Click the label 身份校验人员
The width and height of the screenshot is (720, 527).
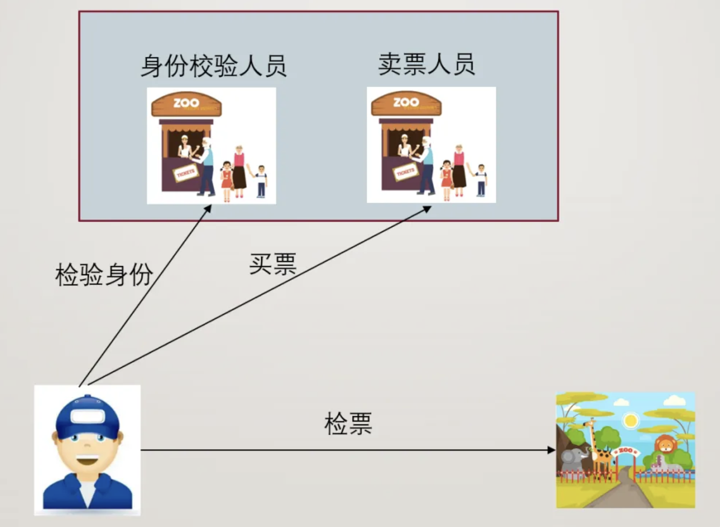tap(214, 66)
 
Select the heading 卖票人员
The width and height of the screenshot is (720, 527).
tap(427, 64)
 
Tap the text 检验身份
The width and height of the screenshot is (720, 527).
tap(104, 274)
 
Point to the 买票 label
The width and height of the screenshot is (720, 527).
tap(273, 264)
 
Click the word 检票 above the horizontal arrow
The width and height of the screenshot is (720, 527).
tap(349, 424)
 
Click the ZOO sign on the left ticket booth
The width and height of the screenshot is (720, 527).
tap(186, 103)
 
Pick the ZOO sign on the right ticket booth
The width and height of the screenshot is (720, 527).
tap(406, 103)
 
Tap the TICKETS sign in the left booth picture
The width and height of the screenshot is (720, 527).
tap(185, 173)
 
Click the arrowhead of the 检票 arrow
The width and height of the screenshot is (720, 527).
tap(552, 450)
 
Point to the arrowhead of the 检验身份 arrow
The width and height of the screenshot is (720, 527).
tap(208, 208)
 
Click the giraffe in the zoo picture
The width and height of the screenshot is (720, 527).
tap(600, 444)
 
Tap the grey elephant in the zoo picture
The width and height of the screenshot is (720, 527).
tap(573, 458)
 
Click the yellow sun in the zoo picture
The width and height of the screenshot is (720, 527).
tap(632, 420)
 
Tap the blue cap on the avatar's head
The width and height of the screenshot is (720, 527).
tap(87, 415)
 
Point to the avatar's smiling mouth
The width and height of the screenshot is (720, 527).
tap(88, 461)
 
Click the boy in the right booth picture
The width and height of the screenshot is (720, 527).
tap(480, 180)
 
